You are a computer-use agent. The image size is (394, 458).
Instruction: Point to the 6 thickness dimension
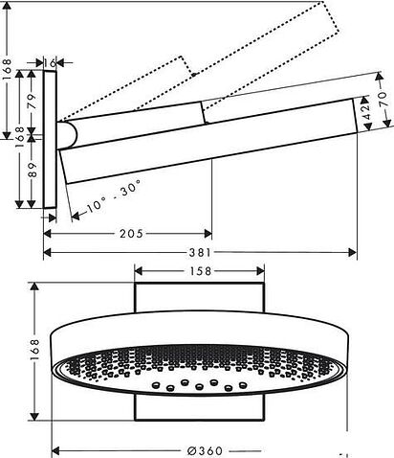click(x=52, y=59)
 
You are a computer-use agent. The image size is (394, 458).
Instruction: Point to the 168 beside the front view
click(x=31, y=351)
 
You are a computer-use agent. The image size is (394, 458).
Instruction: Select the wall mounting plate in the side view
click(x=52, y=137)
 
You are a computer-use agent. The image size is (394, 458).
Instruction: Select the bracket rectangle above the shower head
click(x=199, y=299)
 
